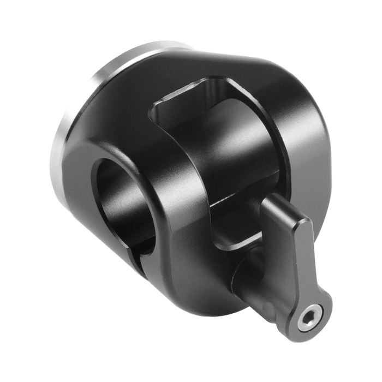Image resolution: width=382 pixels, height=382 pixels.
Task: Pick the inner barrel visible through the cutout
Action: point(229,158)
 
